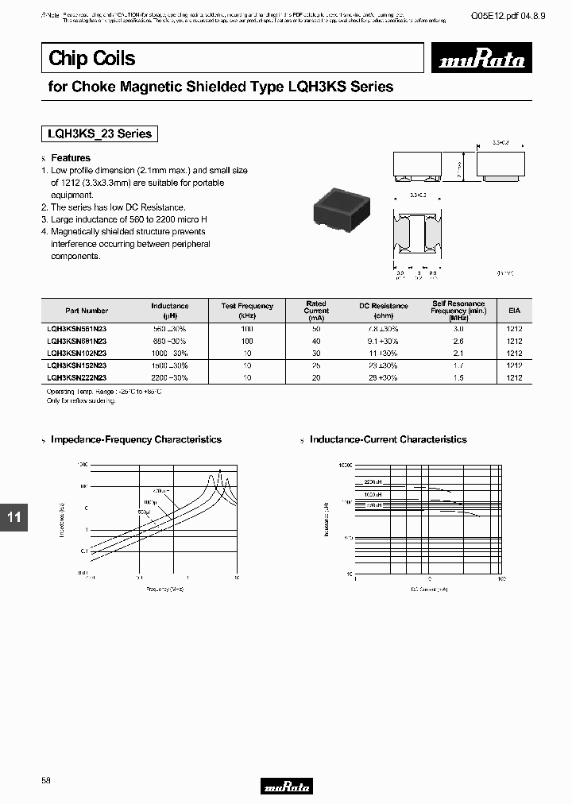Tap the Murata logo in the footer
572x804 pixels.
[x=287, y=786]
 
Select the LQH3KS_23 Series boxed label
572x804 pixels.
[x=100, y=133]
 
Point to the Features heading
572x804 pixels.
[x=71, y=158]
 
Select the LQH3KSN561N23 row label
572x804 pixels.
[x=77, y=328]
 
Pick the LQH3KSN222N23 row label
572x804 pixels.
[x=77, y=378]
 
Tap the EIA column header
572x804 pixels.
[x=514, y=311]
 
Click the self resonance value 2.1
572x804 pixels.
[x=458, y=353]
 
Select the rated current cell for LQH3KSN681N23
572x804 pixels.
[x=316, y=341]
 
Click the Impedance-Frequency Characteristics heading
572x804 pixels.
[x=136, y=439]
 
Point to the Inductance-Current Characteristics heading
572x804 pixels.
[x=388, y=439]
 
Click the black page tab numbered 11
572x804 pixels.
[x=14, y=518]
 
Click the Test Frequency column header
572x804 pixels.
[x=247, y=310]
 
